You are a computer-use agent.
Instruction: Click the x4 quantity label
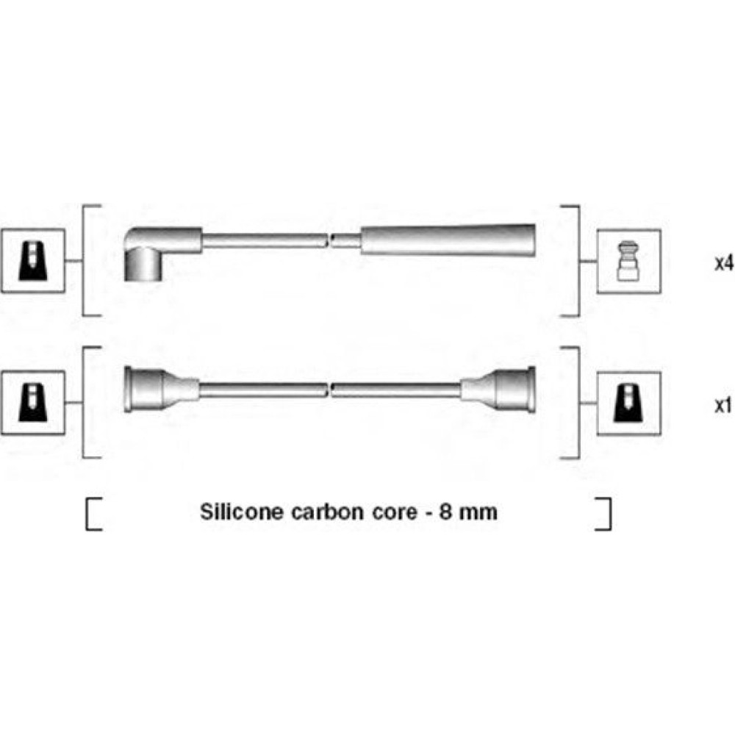pos(724,263)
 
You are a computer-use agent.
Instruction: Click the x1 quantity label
pos(723,405)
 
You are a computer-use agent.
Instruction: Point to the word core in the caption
pos(395,512)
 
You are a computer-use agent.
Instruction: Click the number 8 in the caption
pos(445,512)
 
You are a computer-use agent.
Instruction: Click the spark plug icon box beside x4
pos(628,262)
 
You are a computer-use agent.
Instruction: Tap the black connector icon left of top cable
pos(33,261)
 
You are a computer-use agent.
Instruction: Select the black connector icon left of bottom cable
pos(33,403)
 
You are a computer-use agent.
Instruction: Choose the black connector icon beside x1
pos(628,403)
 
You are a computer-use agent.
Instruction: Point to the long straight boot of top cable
pos(448,240)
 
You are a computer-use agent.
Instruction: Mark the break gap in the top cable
pos(329,240)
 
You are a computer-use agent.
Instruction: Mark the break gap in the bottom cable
pos(329,390)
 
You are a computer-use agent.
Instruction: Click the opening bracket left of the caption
pos(94,514)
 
